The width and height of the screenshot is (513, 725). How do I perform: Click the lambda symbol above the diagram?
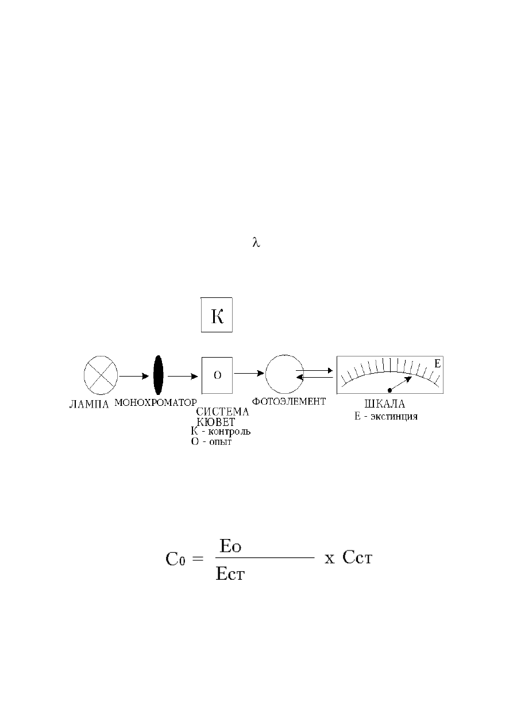(256, 242)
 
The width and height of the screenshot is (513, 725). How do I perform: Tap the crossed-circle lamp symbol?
(101, 375)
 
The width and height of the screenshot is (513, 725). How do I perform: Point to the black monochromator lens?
(158, 375)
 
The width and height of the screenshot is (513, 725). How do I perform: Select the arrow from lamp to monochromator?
(134, 376)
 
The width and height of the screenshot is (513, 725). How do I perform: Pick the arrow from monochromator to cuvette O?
(183, 376)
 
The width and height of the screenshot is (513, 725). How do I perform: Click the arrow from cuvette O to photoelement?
(249, 373)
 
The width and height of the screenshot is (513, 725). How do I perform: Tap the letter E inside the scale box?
(437, 364)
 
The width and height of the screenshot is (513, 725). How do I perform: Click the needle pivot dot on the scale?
(389, 390)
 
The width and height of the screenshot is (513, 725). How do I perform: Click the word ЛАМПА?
(89, 405)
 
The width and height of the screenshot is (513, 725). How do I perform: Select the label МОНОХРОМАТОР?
(156, 402)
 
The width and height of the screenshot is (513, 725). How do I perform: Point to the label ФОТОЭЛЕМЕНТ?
(289, 401)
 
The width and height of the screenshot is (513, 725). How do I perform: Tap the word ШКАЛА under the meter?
(385, 404)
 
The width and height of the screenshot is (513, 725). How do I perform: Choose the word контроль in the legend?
(229, 432)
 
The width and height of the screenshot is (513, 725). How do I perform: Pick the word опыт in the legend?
(220, 442)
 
